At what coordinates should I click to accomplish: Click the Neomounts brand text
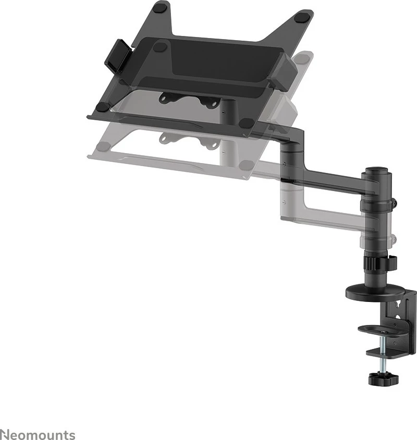(x=38, y=434)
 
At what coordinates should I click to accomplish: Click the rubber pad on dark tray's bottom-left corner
(x=103, y=106)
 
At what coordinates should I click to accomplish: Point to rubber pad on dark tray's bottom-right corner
(x=248, y=124)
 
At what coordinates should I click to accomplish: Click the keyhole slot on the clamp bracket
(x=399, y=307)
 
